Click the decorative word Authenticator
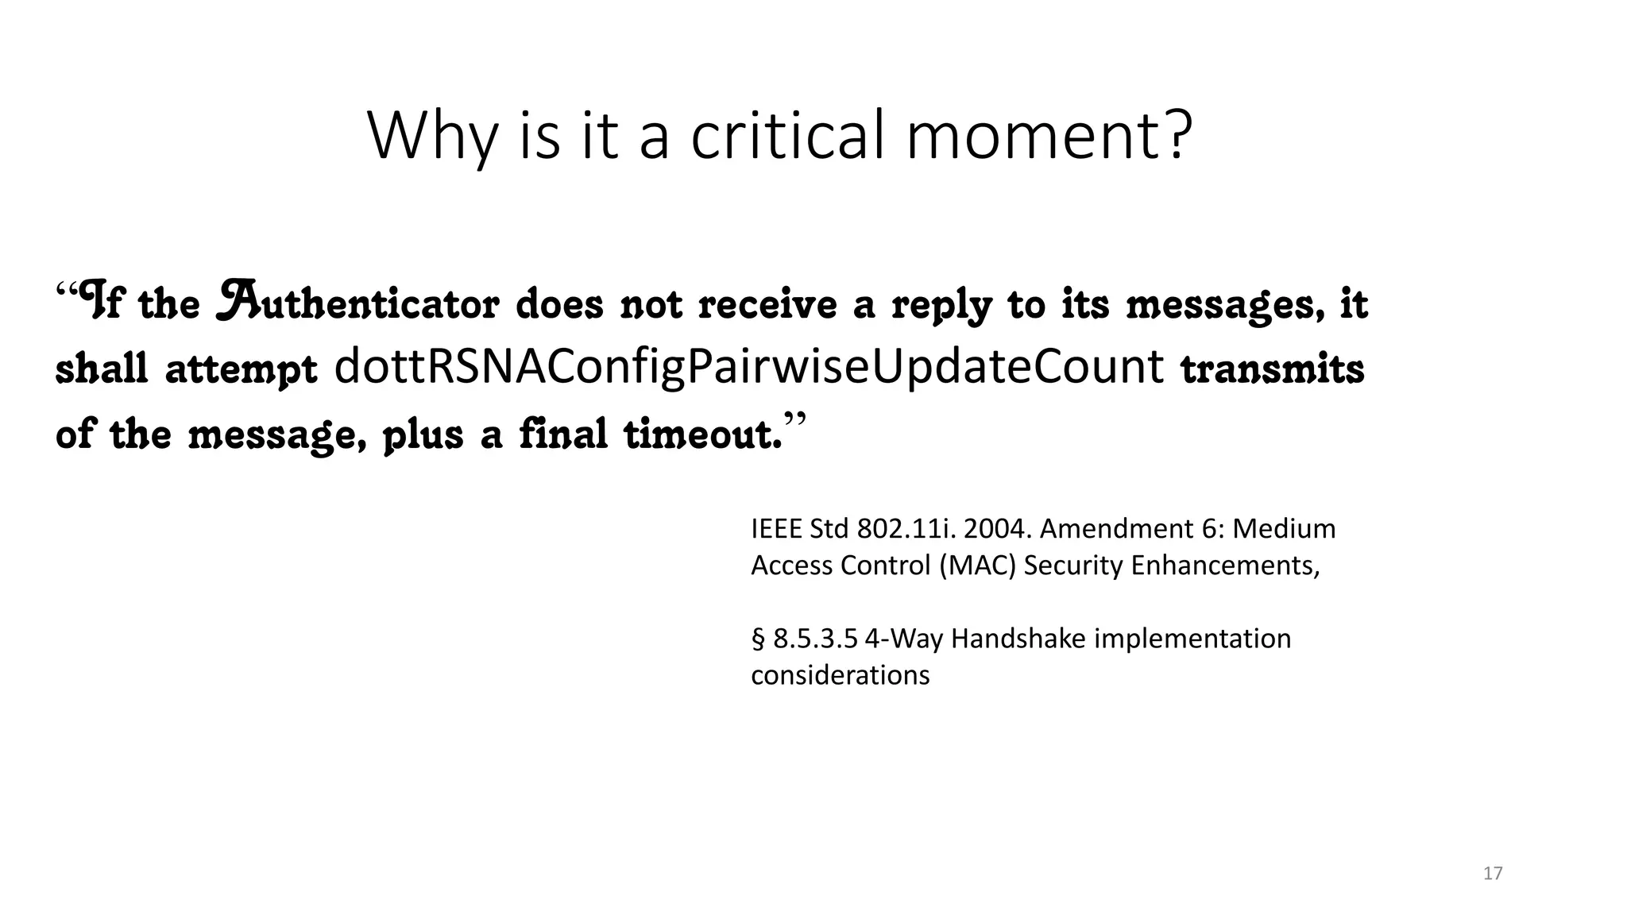click(x=357, y=303)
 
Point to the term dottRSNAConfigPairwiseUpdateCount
click(x=749, y=367)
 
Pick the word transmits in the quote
click(x=1273, y=369)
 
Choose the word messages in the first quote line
click(x=1225, y=307)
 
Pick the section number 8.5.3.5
click(x=816, y=639)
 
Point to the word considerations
click(x=840, y=675)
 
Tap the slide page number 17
click(x=1493, y=874)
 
